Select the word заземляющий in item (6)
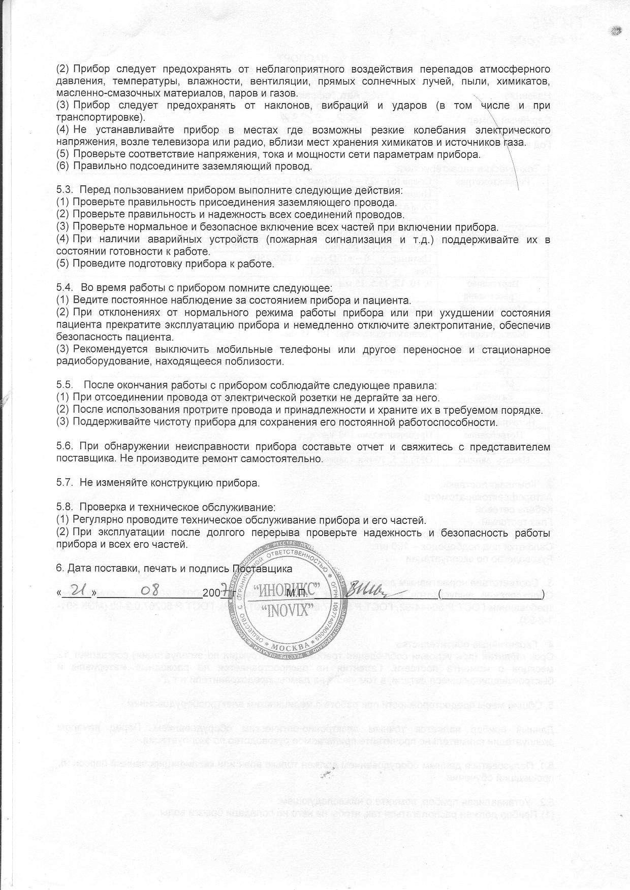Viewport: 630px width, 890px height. click(x=220, y=166)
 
